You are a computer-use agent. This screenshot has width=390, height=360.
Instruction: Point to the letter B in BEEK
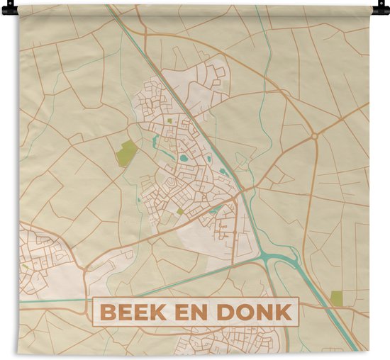(107, 312)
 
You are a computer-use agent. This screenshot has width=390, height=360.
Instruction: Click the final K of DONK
(284, 312)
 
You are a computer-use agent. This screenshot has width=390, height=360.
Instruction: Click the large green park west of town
(127, 152)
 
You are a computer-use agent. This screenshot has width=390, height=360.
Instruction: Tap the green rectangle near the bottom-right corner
(336, 298)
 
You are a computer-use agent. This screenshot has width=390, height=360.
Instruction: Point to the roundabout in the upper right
(313, 136)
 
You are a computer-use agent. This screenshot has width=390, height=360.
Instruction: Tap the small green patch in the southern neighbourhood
(180, 211)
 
